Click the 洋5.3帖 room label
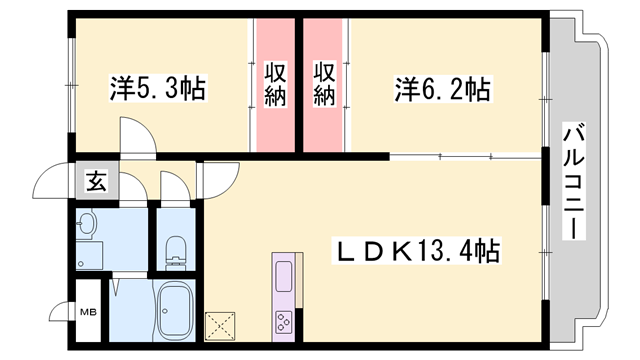[x=157, y=90]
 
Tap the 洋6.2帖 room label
[x=441, y=90]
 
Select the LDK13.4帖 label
[x=418, y=248]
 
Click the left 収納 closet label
[x=276, y=84]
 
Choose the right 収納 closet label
[x=324, y=84]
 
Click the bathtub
[x=176, y=311]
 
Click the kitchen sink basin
[x=282, y=273]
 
